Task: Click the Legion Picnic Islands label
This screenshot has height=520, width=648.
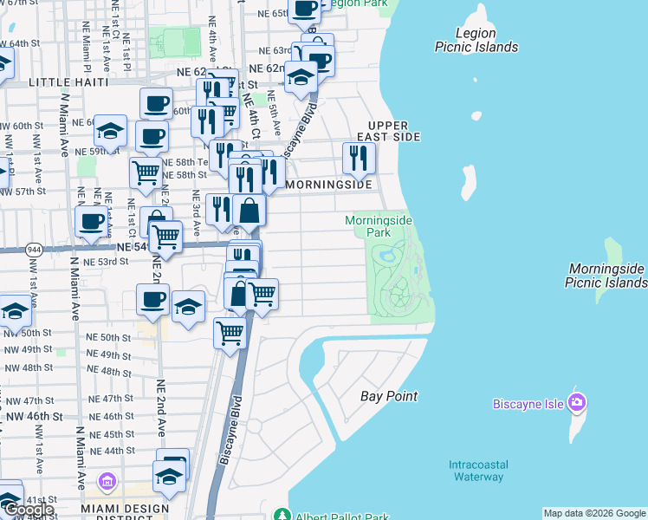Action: click(476, 40)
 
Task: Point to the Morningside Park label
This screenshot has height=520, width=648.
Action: click(379, 226)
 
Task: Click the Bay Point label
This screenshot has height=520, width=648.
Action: click(389, 396)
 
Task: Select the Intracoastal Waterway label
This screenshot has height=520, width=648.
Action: click(476, 471)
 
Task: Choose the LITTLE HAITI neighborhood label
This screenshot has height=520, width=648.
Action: click(68, 81)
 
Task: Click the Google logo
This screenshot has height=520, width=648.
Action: click(29, 510)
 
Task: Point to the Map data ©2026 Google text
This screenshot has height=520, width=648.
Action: click(594, 513)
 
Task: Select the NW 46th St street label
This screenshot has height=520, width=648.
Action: click(32, 416)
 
